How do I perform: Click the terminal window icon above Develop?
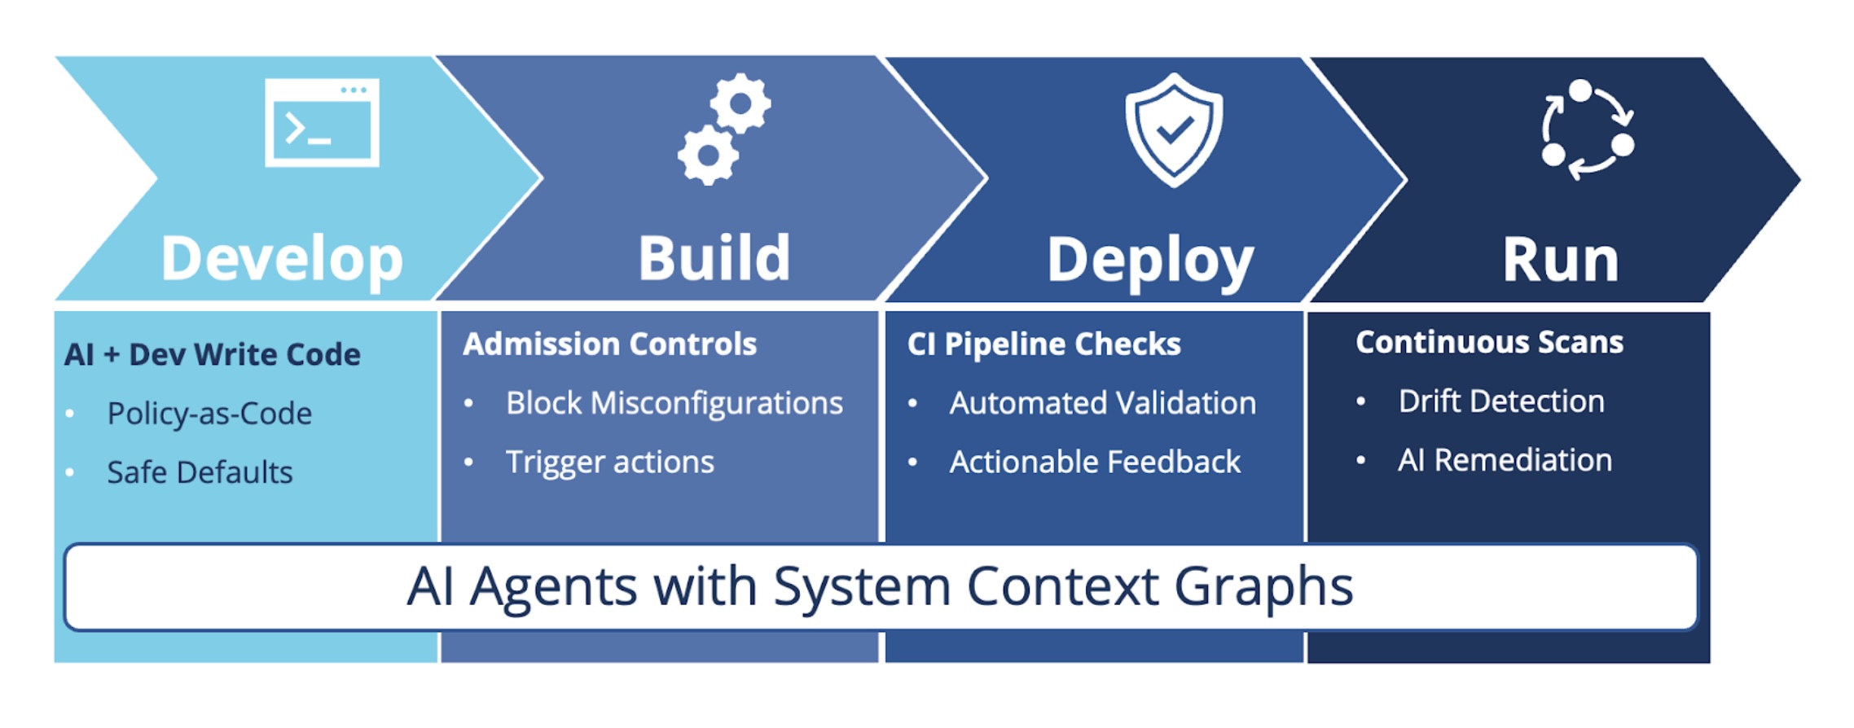point(322,123)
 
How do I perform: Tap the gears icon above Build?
point(723,129)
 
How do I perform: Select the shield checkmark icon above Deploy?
point(1174,129)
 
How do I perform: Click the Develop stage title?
point(282,260)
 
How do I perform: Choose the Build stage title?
point(714,259)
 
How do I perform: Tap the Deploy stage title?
point(1149,261)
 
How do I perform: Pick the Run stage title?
point(1560,261)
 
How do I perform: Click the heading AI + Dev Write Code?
point(212,355)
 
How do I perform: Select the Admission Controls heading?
point(609,344)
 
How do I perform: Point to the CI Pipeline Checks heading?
point(1043,344)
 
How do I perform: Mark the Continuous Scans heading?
point(1489,343)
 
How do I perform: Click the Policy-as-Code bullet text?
point(209,414)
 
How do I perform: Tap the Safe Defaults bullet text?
point(200,472)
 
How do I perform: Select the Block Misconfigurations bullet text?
point(674,403)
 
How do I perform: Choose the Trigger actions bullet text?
point(609,462)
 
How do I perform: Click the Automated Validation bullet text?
point(1102,403)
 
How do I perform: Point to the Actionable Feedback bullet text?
point(1095,462)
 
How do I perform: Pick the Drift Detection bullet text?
point(1501,401)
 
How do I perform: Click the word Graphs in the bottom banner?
point(1263,587)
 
